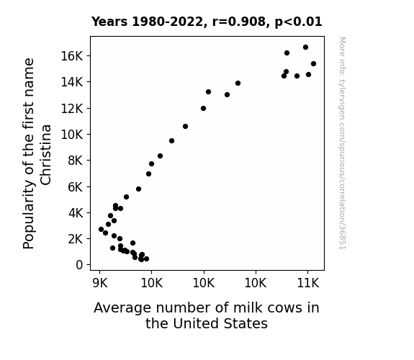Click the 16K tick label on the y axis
[x=72, y=56]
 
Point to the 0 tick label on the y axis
[x=79, y=265]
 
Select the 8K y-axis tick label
[x=76, y=161]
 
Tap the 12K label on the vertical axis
[x=72, y=108]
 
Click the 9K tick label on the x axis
[x=100, y=283]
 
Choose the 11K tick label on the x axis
[x=308, y=283]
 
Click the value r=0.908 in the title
[x=239, y=22]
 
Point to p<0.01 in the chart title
[x=298, y=22]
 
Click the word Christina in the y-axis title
[x=45, y=155]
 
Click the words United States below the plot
[x=220, y=323]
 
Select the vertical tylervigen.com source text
[x=343, y=143]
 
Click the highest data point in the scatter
[x=305, y=48]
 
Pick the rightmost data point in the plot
[x=313, y=63]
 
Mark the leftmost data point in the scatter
[x=101, y=229]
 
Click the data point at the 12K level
[x=203, y=108]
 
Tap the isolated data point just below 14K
[x=238, y=84]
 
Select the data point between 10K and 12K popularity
[x=185, y=127]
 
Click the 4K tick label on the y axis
[x=76, y=212]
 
